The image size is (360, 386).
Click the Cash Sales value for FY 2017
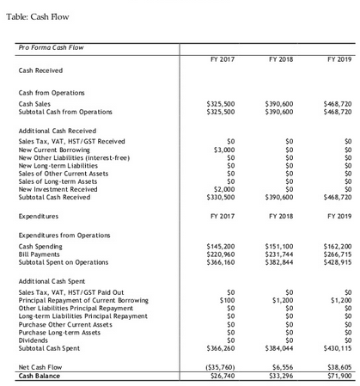click(223, 103)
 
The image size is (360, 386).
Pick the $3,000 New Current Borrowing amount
click(226, 150)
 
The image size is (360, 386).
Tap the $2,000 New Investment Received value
click(226, 188)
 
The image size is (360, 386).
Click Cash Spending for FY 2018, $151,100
click(281, 246)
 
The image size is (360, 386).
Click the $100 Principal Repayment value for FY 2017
click(228, 301)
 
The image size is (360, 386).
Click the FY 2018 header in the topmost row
click(282, 59)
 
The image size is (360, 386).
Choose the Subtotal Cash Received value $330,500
click(223, 196)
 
